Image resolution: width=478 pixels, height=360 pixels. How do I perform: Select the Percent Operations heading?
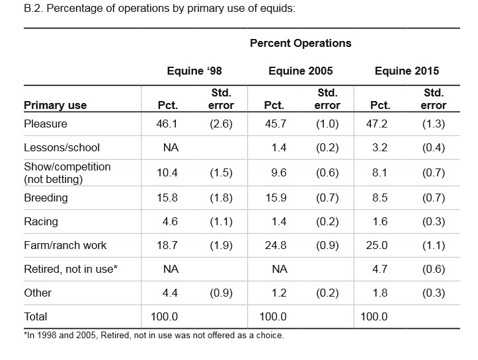pyautogui.click(x=300, y=43)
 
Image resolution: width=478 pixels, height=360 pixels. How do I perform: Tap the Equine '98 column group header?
pyautogui.click(x=194, y=71)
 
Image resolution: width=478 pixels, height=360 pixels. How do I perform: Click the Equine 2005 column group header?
pyautogui.click(x=300, y=71)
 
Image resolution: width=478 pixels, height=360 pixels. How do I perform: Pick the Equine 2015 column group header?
pyautogui.click(x=407, y=71)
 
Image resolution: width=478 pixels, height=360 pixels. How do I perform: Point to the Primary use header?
pyautogui.click(x=55, y=105)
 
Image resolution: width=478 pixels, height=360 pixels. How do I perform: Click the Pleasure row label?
pyautogui.click(x=46, y=124)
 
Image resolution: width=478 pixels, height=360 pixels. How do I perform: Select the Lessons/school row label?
pyautogui.click(x=61, y=147)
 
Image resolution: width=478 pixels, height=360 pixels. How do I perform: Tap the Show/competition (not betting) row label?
pyautogui.click(x=67, y=172)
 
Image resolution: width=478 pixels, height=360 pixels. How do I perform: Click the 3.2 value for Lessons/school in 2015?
pyautogui.click(x=379, y=147)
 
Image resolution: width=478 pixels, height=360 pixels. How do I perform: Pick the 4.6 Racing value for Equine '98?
pyautogui.click(x=170, y=221)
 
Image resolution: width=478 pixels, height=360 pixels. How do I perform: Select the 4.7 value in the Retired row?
pyautogui.click(x=379, y=269)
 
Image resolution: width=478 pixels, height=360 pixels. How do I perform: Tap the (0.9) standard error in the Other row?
pyautogui.click(x=221, y=293)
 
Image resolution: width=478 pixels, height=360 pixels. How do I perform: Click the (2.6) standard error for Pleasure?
pyautogui.click(x=221, y=124)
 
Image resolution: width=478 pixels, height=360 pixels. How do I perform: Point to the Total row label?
pyautogui.click(x=36, y=316)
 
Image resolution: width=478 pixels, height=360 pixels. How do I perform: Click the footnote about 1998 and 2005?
pyautogui.click(x=153, y=336)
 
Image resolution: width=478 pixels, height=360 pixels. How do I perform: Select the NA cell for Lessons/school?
pyautogui.click(x=171, y=147)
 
